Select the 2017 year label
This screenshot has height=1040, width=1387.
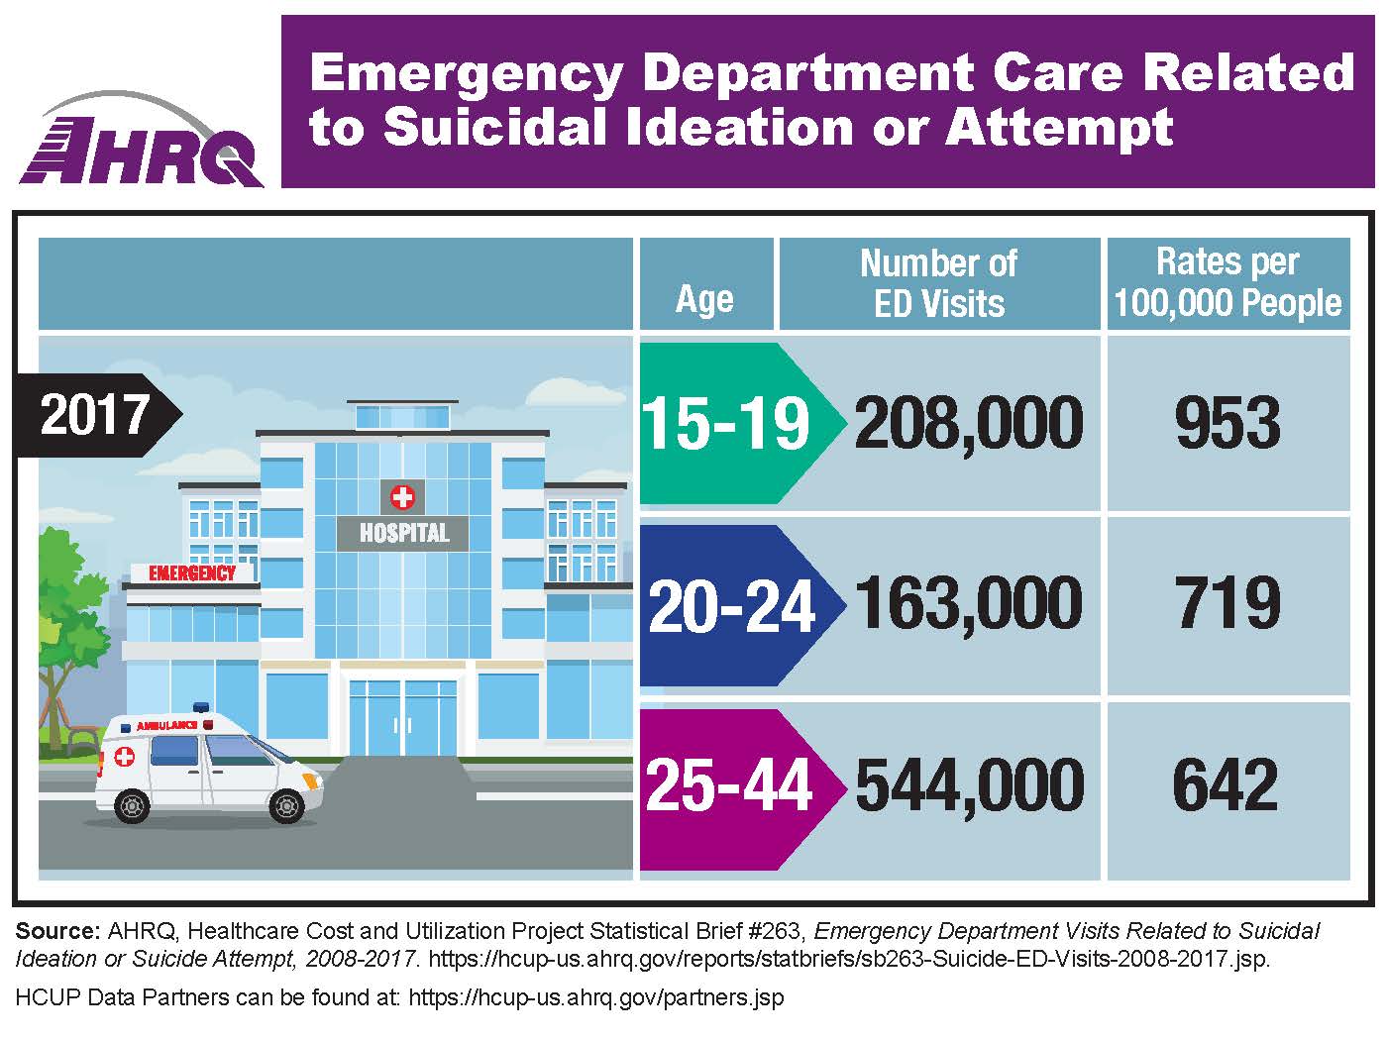[x=96, y=414]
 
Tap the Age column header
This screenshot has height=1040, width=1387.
[x=704, y=297]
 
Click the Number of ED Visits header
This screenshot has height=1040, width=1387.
[x=938, y=283]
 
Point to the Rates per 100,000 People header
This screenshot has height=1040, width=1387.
[x=1227, y=282]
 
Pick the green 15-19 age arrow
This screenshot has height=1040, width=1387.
[x=727, y=423]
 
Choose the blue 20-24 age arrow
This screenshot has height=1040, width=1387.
[x=732, y=605]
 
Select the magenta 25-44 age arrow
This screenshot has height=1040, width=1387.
[x=730, y=786]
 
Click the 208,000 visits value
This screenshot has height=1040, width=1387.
[x=969, y=423]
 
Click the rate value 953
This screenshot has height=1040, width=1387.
[x=1227, y=423]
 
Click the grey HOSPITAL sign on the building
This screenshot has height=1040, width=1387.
[x=403, y=533]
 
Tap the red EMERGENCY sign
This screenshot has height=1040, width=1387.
[x=192, y=572]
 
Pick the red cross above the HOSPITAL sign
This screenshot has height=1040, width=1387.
[x=402, y=495]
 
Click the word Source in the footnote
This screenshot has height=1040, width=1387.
[x=57, y=931]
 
